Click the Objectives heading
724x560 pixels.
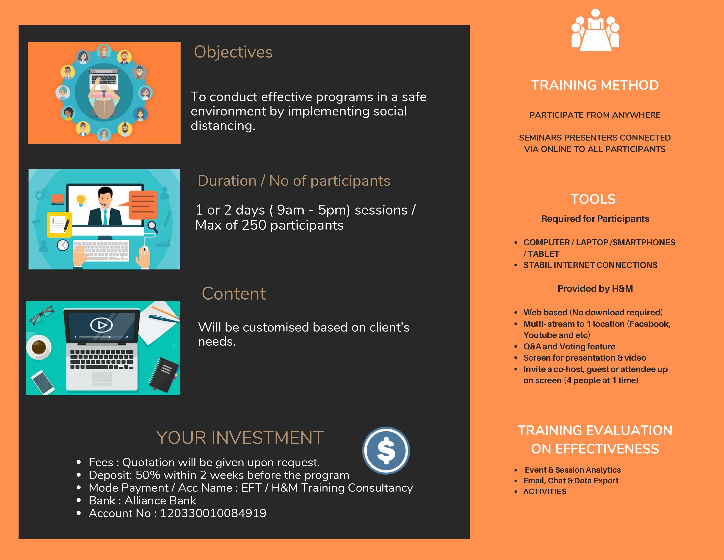[233, 52]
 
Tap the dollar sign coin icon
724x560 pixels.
[386, 450]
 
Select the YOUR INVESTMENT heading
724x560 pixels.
[240, 438]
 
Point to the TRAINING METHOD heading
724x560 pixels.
[595, 85]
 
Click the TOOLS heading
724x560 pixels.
[593, 199]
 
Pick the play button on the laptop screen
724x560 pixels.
[101, 325]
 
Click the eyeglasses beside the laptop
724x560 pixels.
[42, 314]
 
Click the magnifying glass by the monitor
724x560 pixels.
[153, 227]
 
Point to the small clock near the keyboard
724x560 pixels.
[63, 245]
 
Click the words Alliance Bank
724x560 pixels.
[160, 500]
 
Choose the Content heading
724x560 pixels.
[234, 294]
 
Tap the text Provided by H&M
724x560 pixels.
[595, 289]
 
